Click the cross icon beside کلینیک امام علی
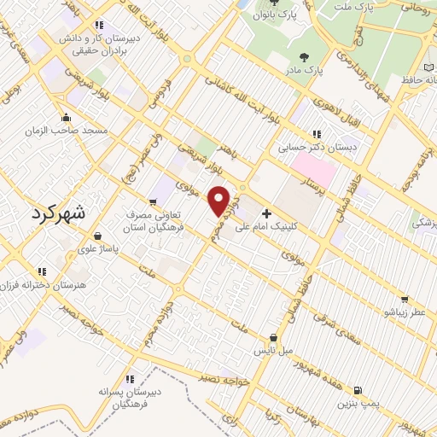pyautogui.click(x=267, y=213)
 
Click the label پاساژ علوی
pyautogui.click(x=97, y=249)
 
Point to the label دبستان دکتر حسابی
pyautogui.click(x=317, y=147)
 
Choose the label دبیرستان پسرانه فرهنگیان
pyautogui.click(x=129, y=397)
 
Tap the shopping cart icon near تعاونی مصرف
pyautogui.click(x=153, y=202)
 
